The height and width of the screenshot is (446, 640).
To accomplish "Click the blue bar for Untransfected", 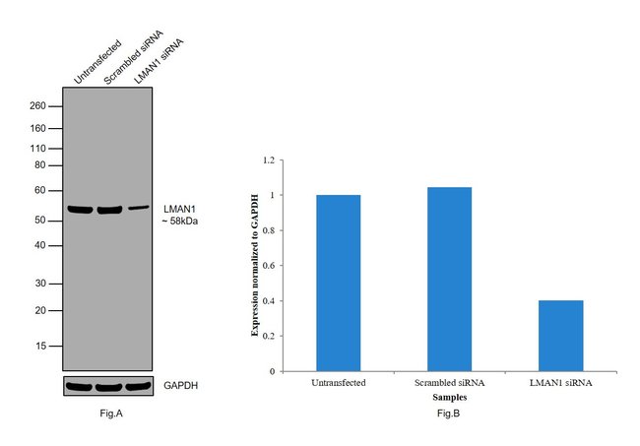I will point(338,283).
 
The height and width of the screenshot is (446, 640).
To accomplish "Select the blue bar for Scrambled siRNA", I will point(449,279).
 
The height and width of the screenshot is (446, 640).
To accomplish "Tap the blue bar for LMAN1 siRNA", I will point(560,335).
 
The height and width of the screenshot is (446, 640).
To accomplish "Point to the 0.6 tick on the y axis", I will point(272,266).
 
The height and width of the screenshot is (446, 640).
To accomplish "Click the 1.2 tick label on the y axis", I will point(272,159).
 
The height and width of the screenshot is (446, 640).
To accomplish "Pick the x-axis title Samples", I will point(449,396).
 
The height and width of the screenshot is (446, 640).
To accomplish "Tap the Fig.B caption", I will point(448,414).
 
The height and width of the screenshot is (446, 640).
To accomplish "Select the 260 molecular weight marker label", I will point(38,105).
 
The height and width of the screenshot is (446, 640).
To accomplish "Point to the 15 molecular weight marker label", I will point(41,346).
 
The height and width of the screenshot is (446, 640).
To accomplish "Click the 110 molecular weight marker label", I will point(38,147).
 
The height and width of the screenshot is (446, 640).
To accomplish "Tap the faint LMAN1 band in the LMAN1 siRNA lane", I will point(138,208).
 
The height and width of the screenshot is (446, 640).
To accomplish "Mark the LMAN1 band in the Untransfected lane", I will point(79,209).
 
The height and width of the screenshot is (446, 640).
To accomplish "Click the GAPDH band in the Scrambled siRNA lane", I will point(108,386).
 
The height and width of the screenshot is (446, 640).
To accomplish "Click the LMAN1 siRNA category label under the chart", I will point(560,382).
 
